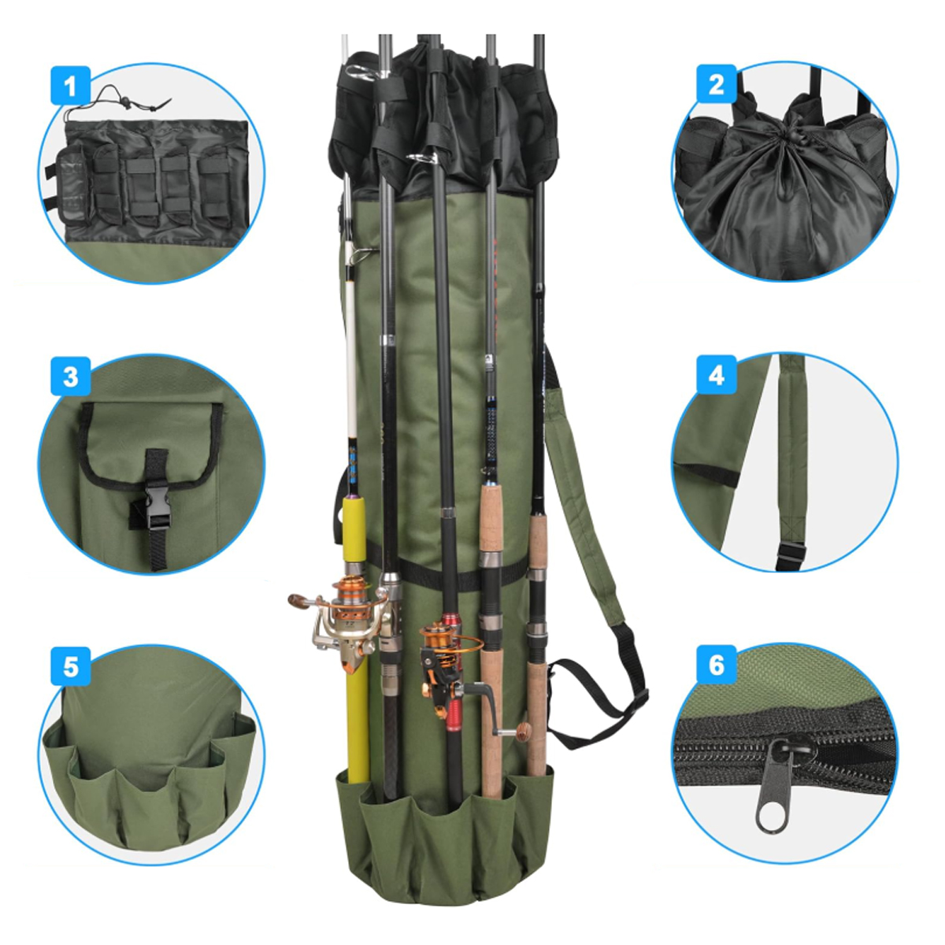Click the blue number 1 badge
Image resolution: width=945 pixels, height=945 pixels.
[x=71, y=85]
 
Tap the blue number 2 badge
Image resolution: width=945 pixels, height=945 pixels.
[x=717, y=83]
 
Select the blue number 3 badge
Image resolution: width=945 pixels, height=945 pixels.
[x=71, y=376]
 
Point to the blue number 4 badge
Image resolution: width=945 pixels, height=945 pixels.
[x=717, y=375]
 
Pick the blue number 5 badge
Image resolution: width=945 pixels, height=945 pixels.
[x=71, y=668]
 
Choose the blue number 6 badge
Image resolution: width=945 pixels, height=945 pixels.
[x=717, y=665]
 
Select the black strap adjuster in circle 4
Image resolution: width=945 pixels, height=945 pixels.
[x=790, y=553]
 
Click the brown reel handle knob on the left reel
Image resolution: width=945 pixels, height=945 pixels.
[x=298, y=601]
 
